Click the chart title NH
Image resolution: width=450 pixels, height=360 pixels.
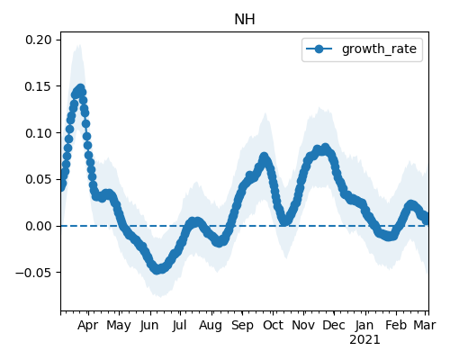[x=245, y=20]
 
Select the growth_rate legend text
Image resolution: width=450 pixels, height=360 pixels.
[x=379, y=49]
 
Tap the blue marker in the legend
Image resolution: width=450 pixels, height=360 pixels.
[x=319, y=49]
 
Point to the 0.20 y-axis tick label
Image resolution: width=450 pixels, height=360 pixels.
[x=38, y=40]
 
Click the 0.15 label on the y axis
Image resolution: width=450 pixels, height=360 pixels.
[x=38, y=86]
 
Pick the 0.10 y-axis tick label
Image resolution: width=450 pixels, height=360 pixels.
[x=38, y=133]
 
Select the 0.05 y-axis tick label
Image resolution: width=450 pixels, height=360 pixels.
[x=38, y=179]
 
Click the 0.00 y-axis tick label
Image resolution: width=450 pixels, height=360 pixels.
[x=38, y=226]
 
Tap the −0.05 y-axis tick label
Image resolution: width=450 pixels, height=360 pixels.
[x=33, y=273]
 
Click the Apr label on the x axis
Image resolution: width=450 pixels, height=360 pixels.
[x=87, y=326]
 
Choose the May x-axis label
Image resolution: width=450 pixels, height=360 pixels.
[x=119, y=326]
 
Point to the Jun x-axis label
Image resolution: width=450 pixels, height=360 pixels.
[x=149, y=326]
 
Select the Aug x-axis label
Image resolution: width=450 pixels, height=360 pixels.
[x=211, y=326]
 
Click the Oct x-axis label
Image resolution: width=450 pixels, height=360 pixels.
[x=273, y=326]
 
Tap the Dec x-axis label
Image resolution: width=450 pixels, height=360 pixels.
[x=334, y=326]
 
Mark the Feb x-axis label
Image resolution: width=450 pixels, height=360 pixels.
[x=396, y=326]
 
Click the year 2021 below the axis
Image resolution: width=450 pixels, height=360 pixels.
[x=364, y=340]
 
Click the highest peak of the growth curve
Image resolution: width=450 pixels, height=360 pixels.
[x=80, y=88]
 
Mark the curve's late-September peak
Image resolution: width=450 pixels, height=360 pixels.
[x=264, y=157]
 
